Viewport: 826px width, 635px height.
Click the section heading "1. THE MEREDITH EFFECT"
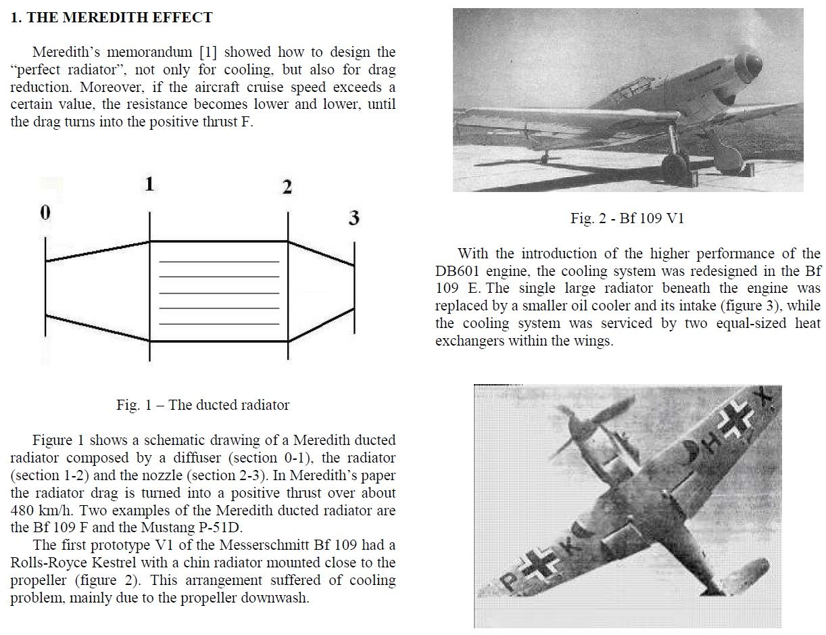tap(112, 18)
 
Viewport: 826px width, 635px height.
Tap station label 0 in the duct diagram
tap(45, 213)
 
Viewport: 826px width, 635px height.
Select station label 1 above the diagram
tap(149, 184)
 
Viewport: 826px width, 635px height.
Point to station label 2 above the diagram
tap(287, 188)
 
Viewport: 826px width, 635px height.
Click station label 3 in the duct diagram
tap(354, 218)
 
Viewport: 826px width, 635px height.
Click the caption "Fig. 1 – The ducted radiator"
tap(203, 405)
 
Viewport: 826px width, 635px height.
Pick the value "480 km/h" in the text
tap(39, 510)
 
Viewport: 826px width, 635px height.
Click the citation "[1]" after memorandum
tap(208, 52)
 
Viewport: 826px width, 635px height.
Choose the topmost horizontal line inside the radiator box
tap(218, 261)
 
